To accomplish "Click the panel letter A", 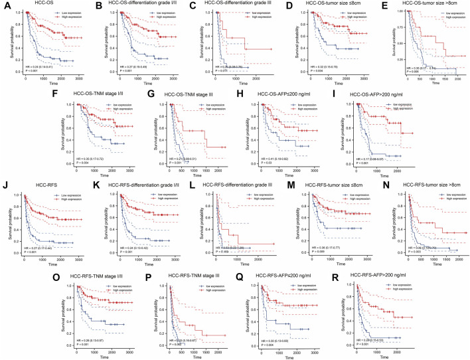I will [5, 6].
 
